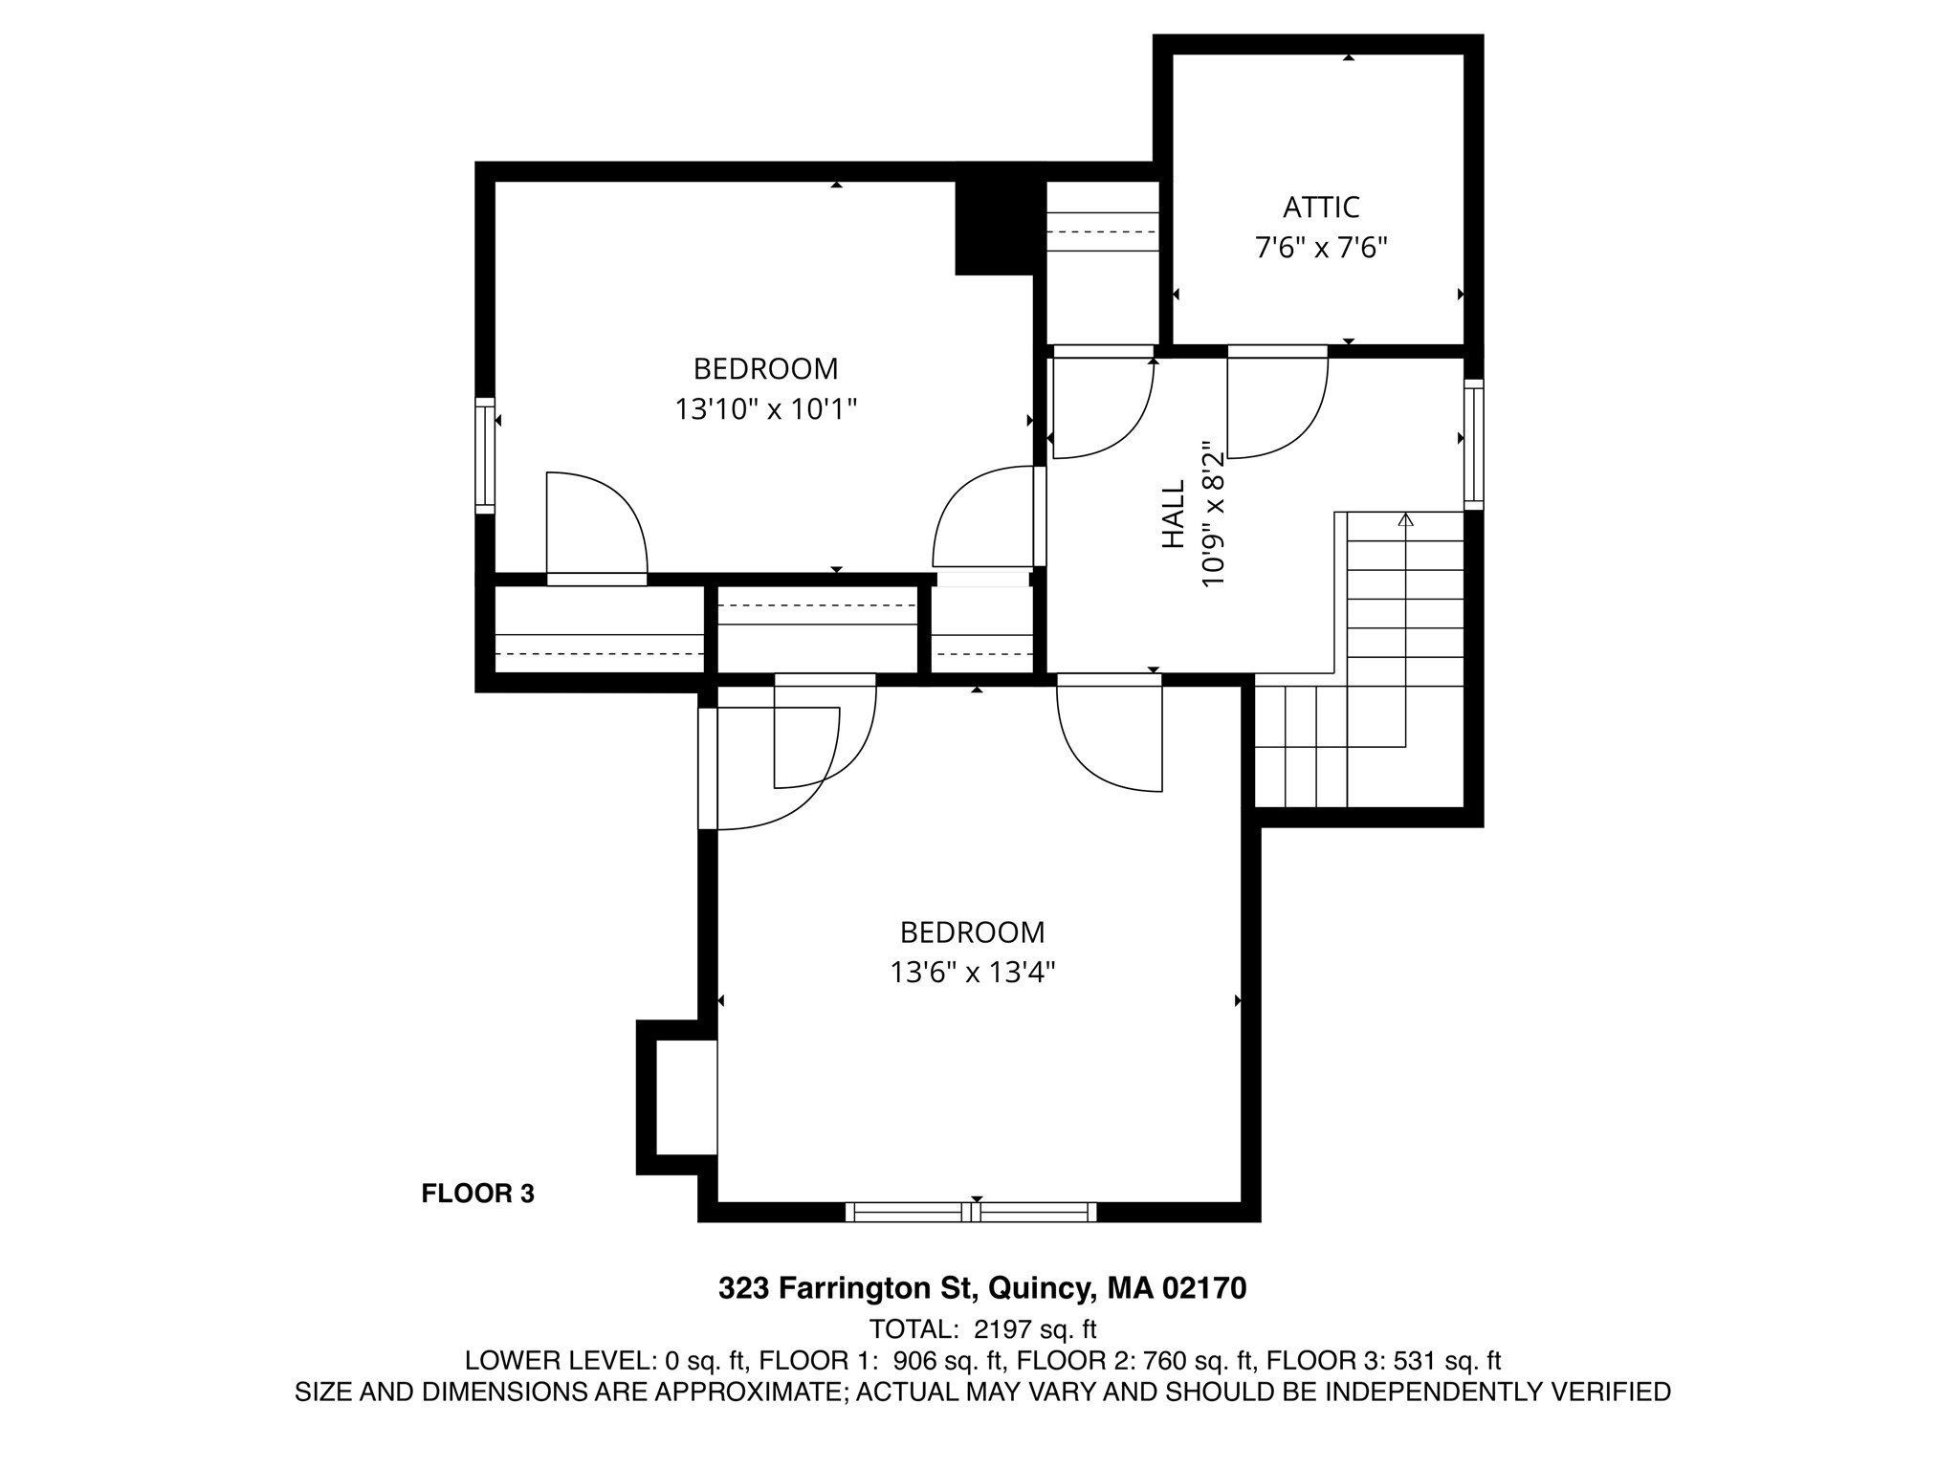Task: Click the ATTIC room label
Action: (1321, 207)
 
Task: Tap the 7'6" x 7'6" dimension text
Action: (1321, 249)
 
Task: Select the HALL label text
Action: (1174, 514)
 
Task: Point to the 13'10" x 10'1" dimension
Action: (765, 409)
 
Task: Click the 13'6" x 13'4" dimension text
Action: (972, 973)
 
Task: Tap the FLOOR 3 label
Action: (477, 1194)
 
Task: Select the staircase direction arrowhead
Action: (1405, 519)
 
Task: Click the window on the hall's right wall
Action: (1474, 445)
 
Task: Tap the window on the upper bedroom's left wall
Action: (485, 455)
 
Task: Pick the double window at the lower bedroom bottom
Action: (971, 1212)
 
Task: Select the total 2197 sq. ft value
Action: (1035, 1329)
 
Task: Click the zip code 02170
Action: (1204, 1288)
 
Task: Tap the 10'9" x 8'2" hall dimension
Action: (1213, 514)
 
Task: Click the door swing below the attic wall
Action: (1277, 406)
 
